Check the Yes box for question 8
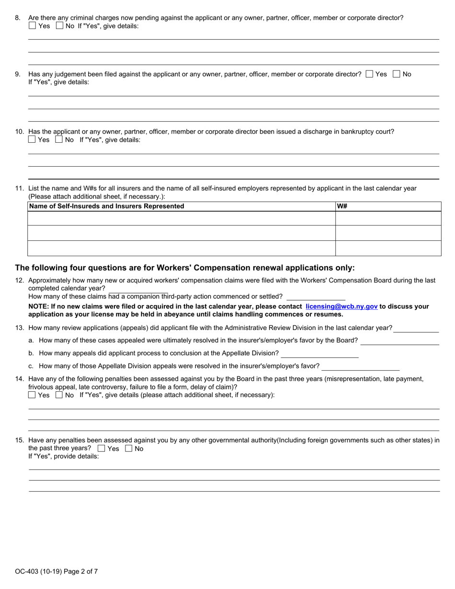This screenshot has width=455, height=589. (32, 26)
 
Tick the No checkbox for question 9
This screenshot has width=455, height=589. (396, 74)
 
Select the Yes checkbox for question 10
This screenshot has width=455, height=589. (32, 140)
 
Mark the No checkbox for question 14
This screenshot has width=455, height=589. (59, 395)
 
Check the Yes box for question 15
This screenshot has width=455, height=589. (101, 449)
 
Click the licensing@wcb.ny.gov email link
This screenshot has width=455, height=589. (341, 306)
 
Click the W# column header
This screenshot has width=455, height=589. (342, 206)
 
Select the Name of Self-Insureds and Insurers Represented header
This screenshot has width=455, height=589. (106, 206)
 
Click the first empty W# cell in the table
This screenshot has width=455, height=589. (387, 218)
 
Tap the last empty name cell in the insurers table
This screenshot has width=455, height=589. (181, 248)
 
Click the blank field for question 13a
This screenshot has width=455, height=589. (399, 340)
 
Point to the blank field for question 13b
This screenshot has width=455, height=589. (319, 353)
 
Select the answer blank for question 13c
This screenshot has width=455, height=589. (360, 366)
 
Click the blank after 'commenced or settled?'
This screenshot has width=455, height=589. (315, 297)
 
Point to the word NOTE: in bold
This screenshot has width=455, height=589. (38, 306)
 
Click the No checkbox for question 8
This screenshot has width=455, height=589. (59, 26)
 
